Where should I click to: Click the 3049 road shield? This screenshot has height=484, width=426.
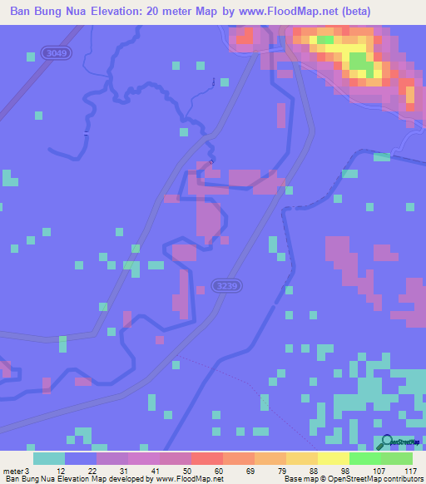click(x=57, y=53)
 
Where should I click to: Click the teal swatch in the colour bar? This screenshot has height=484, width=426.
click(x=49, y=458)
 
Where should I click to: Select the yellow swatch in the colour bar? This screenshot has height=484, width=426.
click(x=333, y=458)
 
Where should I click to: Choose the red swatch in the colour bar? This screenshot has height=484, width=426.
click(x=206, y=458)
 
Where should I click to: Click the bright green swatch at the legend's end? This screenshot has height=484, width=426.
click(x=396, y=458)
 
